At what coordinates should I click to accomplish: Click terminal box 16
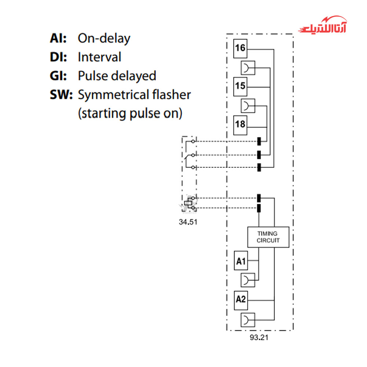click(240, 48)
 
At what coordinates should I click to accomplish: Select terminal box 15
click(240, 87)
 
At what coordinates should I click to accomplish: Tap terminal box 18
click(240, 125)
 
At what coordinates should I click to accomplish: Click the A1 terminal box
click(241, 261)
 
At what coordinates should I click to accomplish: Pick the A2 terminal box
click(241, 300)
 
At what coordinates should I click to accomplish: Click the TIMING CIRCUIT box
click(268, 237)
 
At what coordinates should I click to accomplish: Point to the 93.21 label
click(259, 338)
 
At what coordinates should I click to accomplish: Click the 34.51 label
click(188, 222)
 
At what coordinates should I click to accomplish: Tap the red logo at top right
click(323, 25)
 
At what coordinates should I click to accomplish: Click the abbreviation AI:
click(58, 38)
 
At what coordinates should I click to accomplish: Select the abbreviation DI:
click(58, 57)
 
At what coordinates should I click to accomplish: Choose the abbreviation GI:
click(58, 76)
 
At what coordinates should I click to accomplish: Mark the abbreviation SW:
click(61, 95)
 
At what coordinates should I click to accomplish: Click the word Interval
click(99, 57)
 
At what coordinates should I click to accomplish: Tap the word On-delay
click(104, 39)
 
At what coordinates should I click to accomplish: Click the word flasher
click(171, 95)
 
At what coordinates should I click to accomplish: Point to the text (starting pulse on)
click(130, 113)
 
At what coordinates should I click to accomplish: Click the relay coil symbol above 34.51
click(188, 203)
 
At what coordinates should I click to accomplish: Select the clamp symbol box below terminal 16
click(248, 68)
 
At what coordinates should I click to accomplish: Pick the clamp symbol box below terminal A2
click(248, 320)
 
